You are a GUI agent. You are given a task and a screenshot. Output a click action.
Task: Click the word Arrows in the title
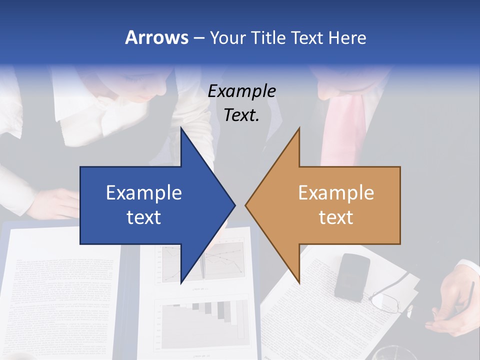(x=156, y=37)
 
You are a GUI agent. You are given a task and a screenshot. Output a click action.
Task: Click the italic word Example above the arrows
(x=241, y=91)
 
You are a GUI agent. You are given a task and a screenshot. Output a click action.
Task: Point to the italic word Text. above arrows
(x=241, y=115)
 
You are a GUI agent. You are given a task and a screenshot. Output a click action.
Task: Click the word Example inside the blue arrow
(x=144, y=193)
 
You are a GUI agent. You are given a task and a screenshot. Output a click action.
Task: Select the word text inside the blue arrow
(x=144, y=217)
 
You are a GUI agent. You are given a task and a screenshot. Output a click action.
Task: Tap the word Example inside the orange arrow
(x=336, y=193)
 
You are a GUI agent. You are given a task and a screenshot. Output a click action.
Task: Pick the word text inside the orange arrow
(x=336, y=217)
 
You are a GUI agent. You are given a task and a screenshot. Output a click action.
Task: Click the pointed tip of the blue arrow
(x=234, y=205)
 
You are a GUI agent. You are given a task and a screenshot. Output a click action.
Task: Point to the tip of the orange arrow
(x=246, y=205)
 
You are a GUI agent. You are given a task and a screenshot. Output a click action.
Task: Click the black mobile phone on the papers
(x=352, y=276)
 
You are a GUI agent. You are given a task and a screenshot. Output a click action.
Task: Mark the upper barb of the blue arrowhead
(x=182, y=131)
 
